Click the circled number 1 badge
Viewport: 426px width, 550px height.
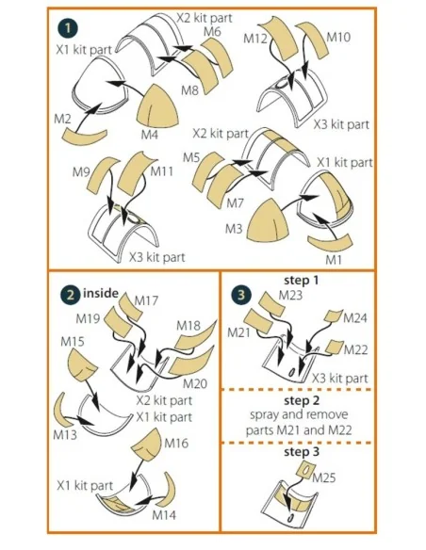pyautogui.click(x=68, y=28)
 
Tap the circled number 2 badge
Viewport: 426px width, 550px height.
pyautogui.click(x=71, y=294)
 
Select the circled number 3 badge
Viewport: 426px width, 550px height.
pyautogui.click(x=241, y=294)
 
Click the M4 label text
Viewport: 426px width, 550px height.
pyautogui.click(x=150, y=134)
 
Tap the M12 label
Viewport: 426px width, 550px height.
pyautogui.click(x=255, y=39)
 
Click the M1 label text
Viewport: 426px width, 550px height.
pyautogui.click(x=334, y=260)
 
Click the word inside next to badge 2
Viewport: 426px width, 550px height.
pyautogui.click(x=101, y=293)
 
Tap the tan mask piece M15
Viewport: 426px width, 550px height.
pyautogui.click(x=81, y=364)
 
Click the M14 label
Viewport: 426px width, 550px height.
pyautogui.click(x=164, y=515)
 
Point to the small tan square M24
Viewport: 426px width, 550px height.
pyautogui.click(x=333, y=316)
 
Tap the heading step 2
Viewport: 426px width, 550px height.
pyautogui.click(x=302, y=400)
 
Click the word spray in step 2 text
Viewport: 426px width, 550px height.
pyautogui.click(x=265, y=415)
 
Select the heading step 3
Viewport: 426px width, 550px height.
pyautogui.click(x=302, y=452)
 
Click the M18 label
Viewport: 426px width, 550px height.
pyautogui.click(x=188, y=326)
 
